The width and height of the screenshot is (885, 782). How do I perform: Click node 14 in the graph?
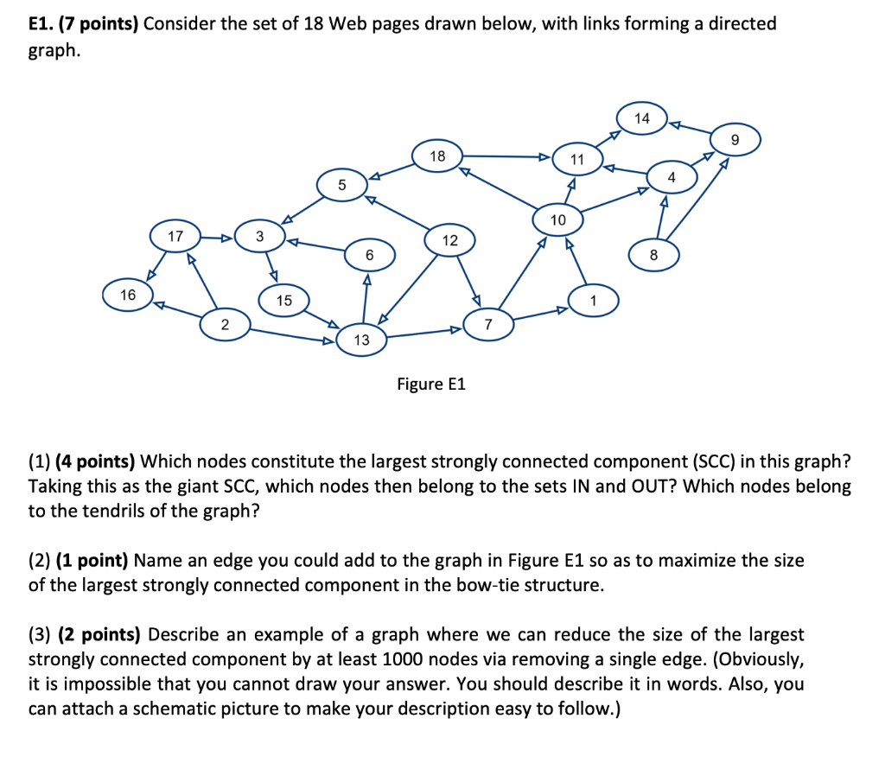tap(641, 118)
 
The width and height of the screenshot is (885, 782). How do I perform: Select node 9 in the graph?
tap(735, 139)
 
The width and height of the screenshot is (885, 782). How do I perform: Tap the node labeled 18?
tap(437, 156)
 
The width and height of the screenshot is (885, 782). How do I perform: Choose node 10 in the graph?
tap(557, 220)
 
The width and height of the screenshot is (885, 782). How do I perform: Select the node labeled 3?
tap(259, 236)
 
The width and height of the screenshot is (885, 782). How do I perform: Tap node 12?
tap(450, 241)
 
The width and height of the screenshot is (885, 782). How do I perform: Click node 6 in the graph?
tap(369, 255)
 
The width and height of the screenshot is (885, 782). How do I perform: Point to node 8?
tap(653, 255)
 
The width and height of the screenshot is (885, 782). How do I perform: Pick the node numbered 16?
tap(128, 296)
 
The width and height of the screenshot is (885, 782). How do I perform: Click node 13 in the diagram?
tap(361, 340)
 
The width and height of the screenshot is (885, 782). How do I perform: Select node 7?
tap(488, 325)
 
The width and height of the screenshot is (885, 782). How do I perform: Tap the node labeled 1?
tap(593, 300)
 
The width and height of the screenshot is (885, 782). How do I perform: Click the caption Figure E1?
tap(431, 384)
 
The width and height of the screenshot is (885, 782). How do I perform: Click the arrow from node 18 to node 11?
tap(506, 157)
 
